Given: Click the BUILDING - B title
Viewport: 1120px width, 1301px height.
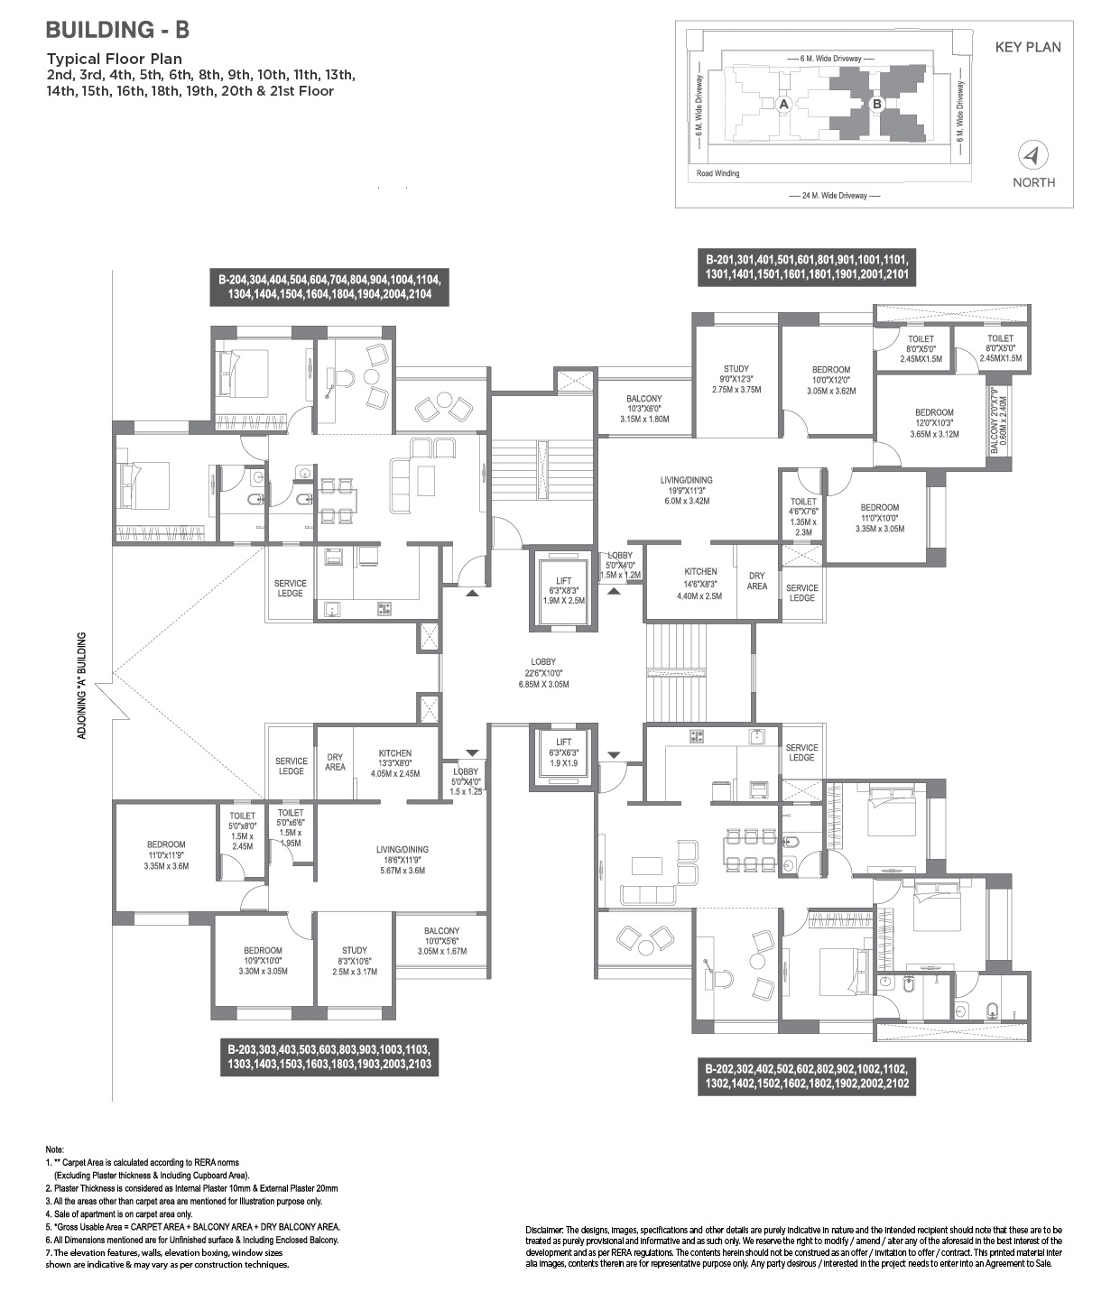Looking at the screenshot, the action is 117,30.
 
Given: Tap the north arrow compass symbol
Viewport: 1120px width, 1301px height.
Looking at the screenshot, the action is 1033,155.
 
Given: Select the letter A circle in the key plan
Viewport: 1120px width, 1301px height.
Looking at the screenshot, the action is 783,105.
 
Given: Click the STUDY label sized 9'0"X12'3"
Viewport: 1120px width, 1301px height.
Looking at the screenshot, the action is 736,379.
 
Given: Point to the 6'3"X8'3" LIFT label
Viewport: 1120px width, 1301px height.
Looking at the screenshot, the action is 563,590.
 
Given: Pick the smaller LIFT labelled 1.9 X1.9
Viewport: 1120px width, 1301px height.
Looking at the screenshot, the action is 563,752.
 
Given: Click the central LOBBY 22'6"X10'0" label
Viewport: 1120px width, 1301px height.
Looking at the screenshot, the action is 543,673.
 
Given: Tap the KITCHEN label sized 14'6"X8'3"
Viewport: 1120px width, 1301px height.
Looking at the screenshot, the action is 700,584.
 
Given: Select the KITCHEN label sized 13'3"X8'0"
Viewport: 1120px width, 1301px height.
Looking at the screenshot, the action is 394,763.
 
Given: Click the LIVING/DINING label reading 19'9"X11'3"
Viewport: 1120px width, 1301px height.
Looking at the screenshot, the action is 686,490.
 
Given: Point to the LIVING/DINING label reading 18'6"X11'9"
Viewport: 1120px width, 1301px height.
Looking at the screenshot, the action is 403,860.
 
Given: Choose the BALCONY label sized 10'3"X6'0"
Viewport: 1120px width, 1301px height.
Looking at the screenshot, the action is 644,409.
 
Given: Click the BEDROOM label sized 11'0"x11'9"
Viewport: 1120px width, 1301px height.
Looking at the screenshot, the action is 166,854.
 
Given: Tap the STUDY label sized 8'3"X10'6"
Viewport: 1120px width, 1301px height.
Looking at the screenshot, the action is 355,961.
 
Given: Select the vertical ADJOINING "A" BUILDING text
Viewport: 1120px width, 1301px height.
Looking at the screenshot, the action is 82,686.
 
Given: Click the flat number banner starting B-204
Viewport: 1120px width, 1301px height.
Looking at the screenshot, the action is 329,287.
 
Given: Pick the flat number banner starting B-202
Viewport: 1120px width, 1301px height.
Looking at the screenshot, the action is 807,1077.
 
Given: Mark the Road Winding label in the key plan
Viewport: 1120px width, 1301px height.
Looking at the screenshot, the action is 717,173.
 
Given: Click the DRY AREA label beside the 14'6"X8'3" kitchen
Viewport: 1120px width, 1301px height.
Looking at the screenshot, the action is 756,580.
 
